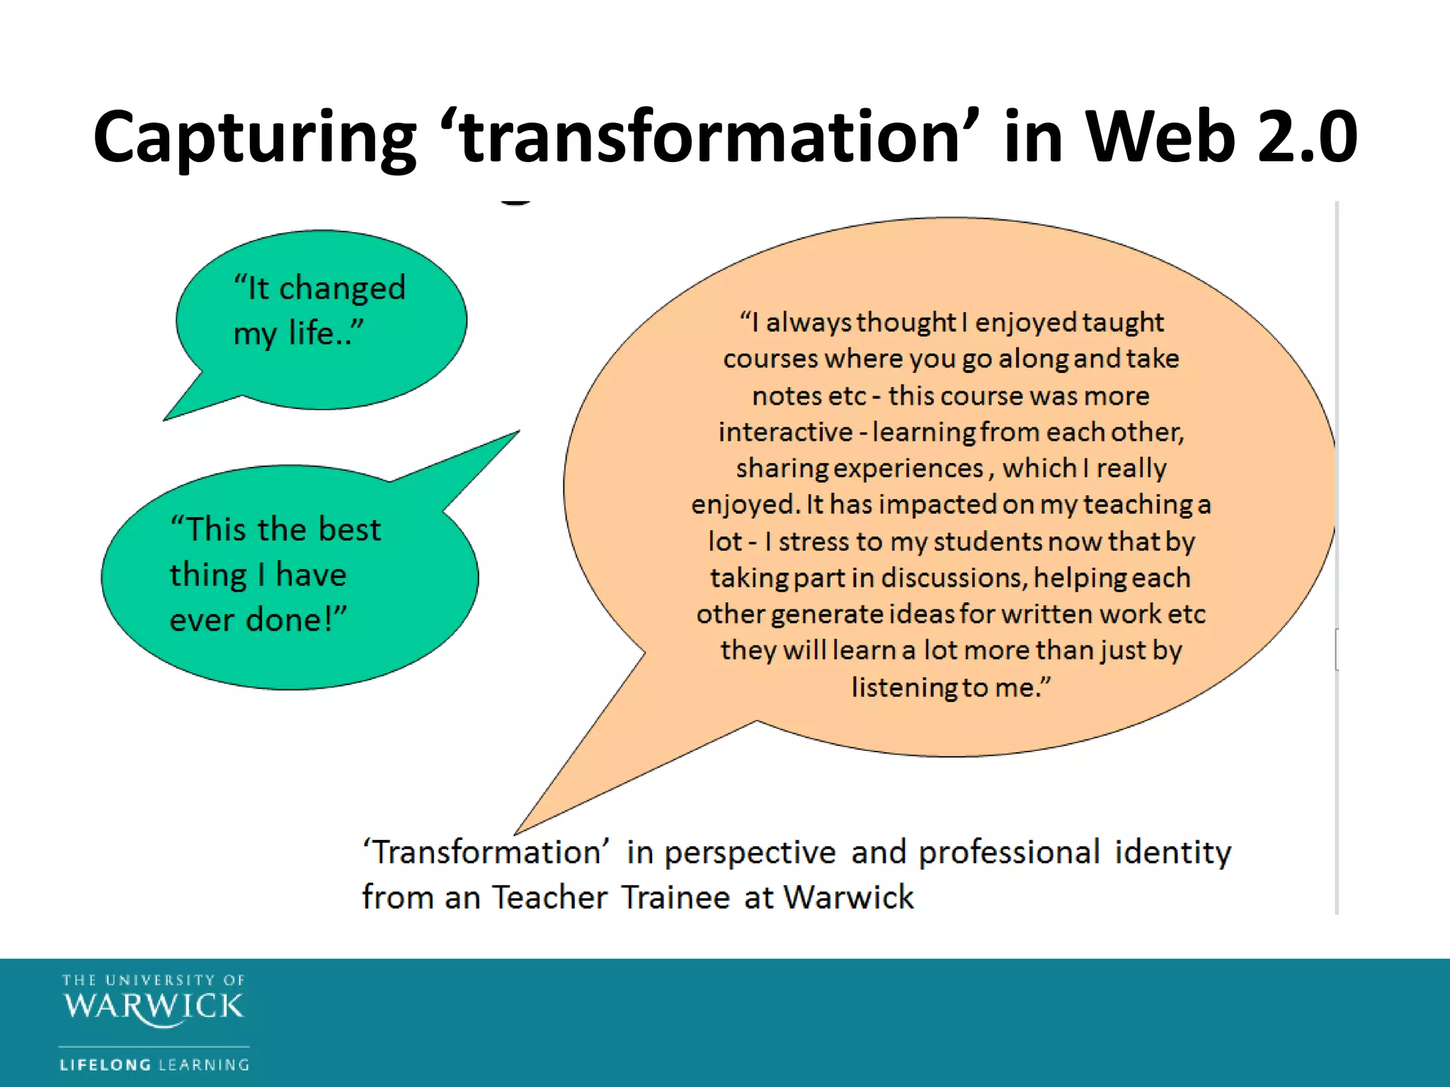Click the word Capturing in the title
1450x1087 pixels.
coord(255,138)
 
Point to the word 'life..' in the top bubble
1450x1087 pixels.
coord(326,333)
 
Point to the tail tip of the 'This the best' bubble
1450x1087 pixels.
coord(518,431)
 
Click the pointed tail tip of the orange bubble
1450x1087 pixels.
coord(516,834)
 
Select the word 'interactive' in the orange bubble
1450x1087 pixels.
coord(785,432)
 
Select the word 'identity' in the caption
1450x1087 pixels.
coord(1172,852)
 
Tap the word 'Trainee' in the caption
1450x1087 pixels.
coord(676,897)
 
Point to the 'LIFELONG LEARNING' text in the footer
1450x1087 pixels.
coord(154,1064)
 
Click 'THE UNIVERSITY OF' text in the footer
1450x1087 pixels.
coord(154,980)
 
